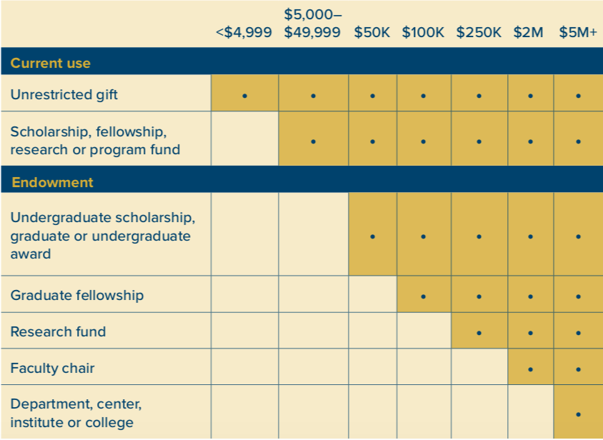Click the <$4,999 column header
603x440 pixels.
click(x=244, y=33)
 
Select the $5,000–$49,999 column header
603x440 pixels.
click(x=312, y=24)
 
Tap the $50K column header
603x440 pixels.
click(x=372, y=33)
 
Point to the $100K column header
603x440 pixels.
click(x=423, y=33)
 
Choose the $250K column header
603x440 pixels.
click(x=479, y=33)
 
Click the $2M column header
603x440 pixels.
click(x=529, y=33)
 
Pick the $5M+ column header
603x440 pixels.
click(x=577, y=33)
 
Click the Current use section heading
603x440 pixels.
click(x=50, y=63)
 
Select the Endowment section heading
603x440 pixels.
click(x=52, y=182)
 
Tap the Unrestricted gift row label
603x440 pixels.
click(x=64, y=94)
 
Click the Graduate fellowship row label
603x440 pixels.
click(x=76, y=295)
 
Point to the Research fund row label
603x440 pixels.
click(x=58, y=331)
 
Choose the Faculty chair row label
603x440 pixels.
click(x=52, y=369)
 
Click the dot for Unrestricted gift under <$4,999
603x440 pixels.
click(x=244, y=95)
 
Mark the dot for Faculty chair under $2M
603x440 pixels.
click(x=529, y=369)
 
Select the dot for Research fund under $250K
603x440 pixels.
click(x=479, y=332)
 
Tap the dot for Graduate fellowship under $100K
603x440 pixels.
click(x=423, y=296)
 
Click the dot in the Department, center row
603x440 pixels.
click(x=578, y=414)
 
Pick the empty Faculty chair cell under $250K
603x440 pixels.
click(x=479, y=367)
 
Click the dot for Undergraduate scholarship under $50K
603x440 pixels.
click(x=372, y=236)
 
